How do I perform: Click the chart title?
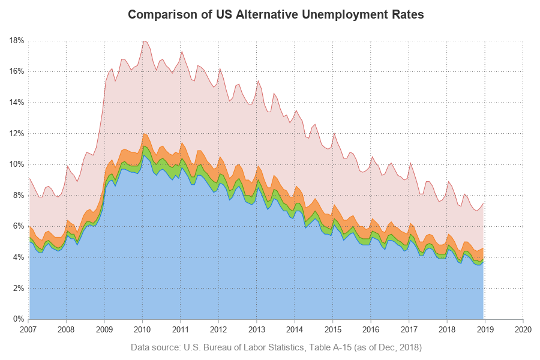tap(276, 15)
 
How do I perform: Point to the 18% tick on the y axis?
tap(16, 41)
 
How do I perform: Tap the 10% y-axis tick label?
tap(16, 164)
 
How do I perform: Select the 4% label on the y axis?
tap(18, 257)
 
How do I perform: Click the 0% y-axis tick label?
tap(18, 319)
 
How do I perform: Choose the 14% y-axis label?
tap(16, 103)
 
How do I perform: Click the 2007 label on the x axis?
tap(28, 329)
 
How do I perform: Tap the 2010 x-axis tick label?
tap(142, 329)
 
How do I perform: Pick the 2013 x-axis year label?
tap(257, 329)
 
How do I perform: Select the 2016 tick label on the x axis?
tap(371, 329)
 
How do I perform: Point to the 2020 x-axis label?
tap(523, 329)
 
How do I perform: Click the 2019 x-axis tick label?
tap(485, 329)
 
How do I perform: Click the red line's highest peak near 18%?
tap(143, 41)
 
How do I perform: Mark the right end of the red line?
tap(484, 203)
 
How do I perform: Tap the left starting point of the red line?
tap(29, 179)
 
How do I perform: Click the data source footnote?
tap(276, 347)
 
